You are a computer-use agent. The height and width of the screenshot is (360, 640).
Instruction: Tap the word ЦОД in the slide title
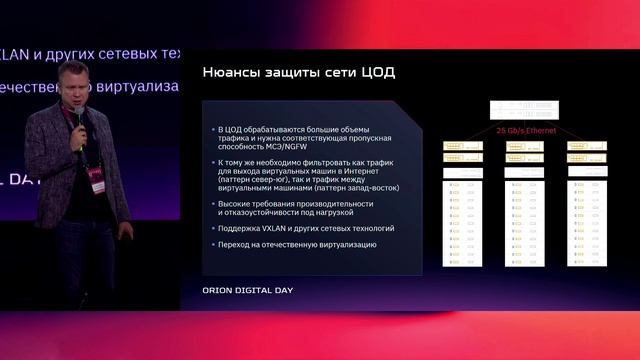377,72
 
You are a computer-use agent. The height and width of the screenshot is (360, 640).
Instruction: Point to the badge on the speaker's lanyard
97,176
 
